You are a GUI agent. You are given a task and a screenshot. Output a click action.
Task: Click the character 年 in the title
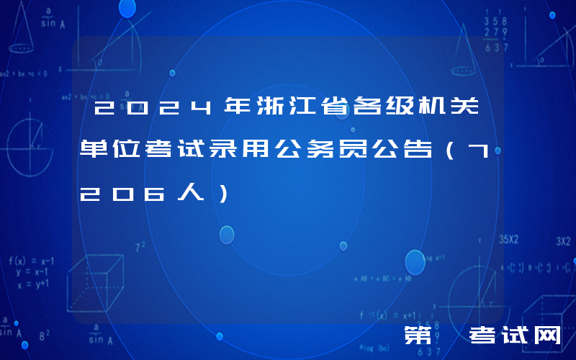(x=238, y=109)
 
